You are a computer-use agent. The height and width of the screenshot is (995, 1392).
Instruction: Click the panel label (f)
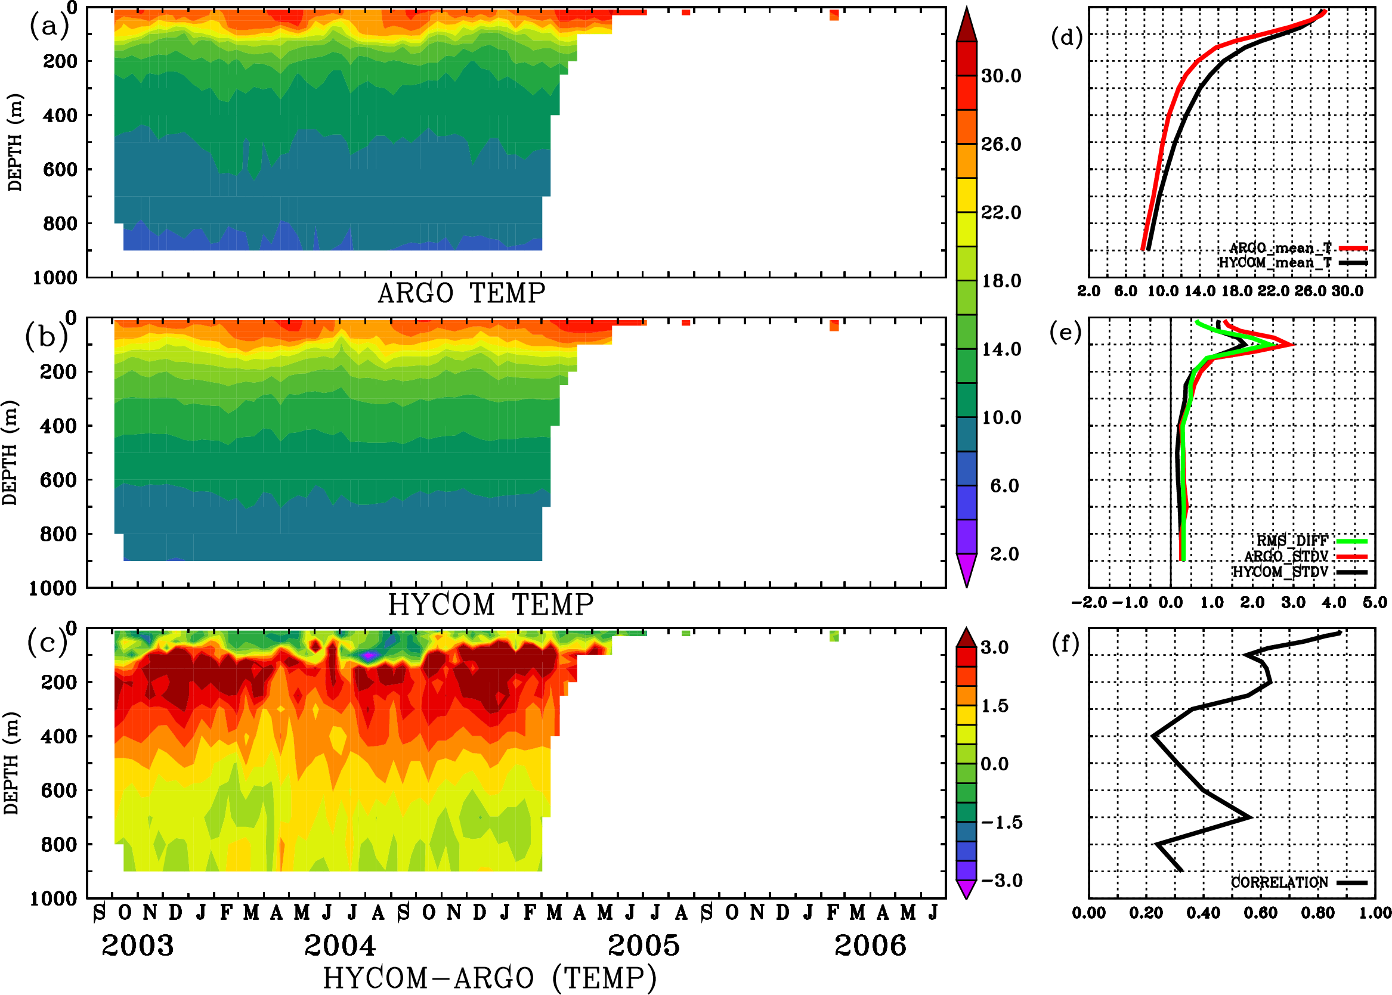(1065, 643)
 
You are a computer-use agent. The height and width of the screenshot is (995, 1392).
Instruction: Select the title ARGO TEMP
(461, 293)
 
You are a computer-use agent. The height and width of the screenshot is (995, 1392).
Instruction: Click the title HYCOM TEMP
(491, 605)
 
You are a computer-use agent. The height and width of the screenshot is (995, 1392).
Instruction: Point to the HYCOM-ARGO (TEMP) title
(490, 978)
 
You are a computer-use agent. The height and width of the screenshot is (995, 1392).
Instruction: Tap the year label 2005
(644, 946)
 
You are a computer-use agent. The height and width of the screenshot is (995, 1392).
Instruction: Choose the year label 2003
(137, 946)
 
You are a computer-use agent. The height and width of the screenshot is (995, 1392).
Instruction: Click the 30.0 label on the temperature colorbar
(1001, 76)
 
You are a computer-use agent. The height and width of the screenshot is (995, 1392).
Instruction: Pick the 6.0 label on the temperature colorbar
(1004, 486)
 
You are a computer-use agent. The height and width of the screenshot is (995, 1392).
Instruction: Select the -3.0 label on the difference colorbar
(1001, 881)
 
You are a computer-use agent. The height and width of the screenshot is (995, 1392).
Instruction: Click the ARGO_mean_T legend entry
(1280, 248)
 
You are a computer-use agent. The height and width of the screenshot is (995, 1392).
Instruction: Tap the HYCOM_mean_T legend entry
(1275, 263)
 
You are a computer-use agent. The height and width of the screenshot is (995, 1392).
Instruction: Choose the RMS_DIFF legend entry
(1292, 541)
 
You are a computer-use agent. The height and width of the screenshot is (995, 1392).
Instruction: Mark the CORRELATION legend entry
(1280, 882)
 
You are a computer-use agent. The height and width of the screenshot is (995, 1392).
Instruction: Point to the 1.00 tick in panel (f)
(1375, 913)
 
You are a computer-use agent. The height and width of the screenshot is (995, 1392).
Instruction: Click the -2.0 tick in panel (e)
(1088, 602)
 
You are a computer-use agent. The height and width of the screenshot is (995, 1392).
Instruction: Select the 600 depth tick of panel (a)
(60, 170)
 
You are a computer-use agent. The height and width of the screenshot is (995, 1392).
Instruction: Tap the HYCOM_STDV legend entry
(1280, 572)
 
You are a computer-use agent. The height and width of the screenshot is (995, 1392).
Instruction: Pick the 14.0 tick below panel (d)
(1199, 291)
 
